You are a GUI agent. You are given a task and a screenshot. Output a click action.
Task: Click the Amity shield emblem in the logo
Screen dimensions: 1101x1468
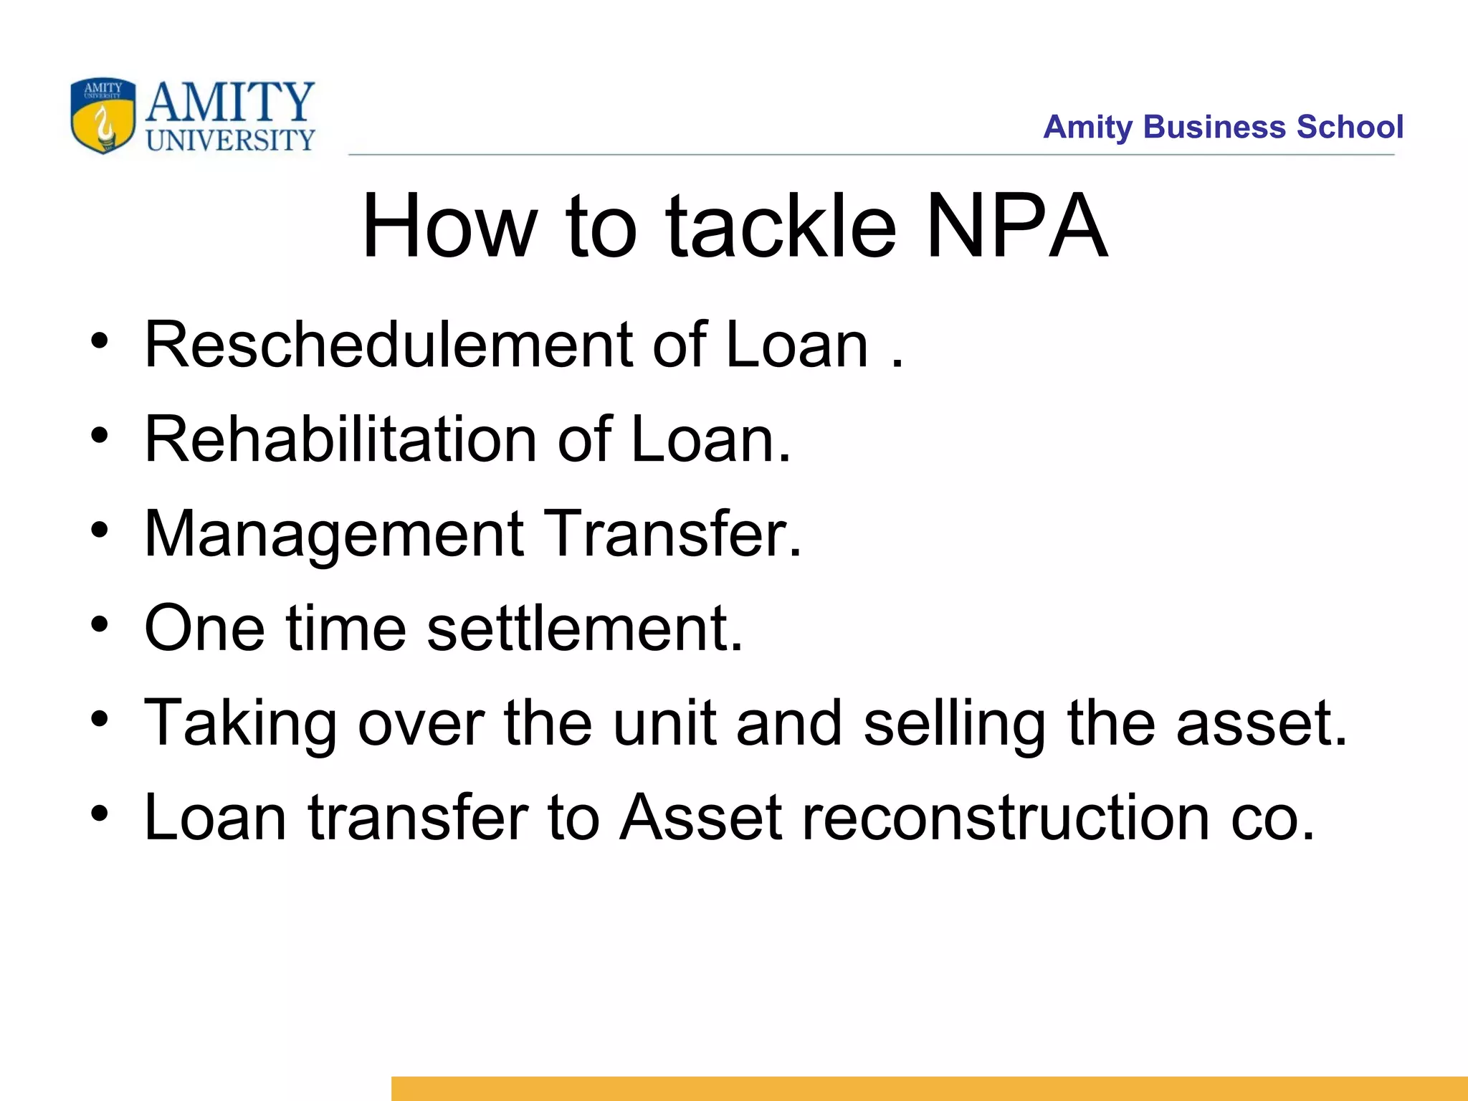pos(103,116)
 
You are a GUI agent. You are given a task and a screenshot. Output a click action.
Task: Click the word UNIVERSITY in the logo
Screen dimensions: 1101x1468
pos(230,140)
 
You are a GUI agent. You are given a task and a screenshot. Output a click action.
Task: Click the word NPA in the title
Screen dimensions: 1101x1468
pos(1016,227)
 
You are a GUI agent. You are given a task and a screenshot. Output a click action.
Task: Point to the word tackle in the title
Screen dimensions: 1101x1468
pos(781,227)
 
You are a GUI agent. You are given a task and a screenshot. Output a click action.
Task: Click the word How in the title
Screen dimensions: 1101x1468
pos(449,227)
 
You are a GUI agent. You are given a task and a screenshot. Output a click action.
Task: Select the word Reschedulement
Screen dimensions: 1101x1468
pos(388,345)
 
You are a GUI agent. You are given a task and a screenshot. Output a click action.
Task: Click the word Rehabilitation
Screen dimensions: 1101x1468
pos(340,439)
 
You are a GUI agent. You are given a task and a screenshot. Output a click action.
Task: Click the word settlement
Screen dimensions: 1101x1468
pos(584,629)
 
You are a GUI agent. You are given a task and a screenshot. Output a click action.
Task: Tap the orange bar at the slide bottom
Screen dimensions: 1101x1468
pos(929,1088)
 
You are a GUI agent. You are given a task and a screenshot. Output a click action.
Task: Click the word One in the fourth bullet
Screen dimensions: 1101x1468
pos(204,629)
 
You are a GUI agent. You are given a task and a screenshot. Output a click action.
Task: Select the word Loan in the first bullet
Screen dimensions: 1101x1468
pos(797,345)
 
